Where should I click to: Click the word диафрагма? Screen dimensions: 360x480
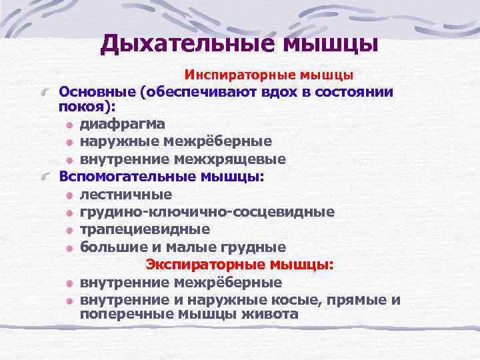click(123, 123)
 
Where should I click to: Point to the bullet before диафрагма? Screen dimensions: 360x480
click(71, 124)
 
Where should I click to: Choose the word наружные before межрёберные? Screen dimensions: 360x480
click(117, 141)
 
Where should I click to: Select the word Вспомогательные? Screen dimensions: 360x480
click(127, 177)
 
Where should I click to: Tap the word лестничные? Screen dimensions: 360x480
click(126, 195)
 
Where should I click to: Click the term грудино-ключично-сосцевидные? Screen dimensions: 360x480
click(207, 212)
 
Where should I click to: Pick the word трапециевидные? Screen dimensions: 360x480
click(145, 229)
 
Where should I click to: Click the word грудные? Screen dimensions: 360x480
click(257, 247)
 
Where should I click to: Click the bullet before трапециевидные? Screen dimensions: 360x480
click(71, 230)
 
